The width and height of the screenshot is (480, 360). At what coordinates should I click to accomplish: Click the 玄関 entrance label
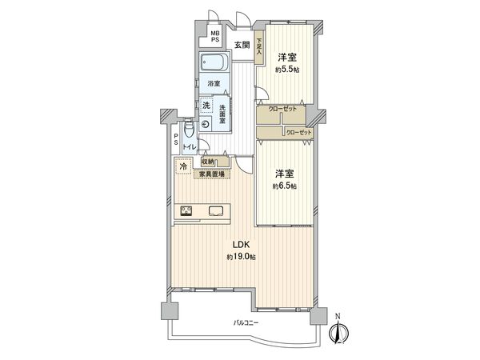tap(242, 46)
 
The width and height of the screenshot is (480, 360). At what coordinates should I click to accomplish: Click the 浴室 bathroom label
tap(214, 83)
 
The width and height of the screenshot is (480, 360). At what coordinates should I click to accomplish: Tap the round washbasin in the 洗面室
tap(206, 124)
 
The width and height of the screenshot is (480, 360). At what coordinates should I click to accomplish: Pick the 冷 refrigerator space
tap(183, 166)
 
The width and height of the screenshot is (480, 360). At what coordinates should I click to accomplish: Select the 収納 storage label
tap(208, 162)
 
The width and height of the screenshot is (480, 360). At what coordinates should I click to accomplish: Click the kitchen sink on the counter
tap(217, 211)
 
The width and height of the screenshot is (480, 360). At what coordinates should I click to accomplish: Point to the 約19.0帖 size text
tap(239, 257)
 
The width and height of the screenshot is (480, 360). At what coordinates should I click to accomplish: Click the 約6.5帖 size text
tap(284, 186)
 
